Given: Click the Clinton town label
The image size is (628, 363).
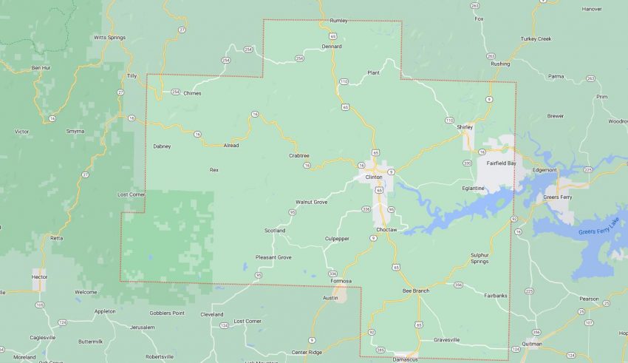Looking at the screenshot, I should (x=374, y=177).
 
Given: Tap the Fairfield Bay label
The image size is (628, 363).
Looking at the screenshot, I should (x=503, y=163).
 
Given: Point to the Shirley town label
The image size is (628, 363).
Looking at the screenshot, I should (x=465, y=127).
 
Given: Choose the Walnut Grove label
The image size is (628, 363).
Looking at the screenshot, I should (x=311, y=202).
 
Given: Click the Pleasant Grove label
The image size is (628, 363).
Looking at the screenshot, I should (x=273, y=257).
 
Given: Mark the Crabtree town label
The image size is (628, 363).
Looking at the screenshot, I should (x=299, y=155).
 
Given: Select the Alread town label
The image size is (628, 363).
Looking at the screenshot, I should (x=231, y=146).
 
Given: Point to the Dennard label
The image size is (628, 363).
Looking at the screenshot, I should (x=332, y=46).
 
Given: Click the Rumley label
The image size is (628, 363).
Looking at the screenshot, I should (x=338, y=21).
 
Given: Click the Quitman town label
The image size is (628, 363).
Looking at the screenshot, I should (x=530, y=344).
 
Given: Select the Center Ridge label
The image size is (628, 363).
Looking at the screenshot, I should (x=307, y=351).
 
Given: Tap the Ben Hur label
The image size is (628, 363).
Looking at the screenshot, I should (x=41, y=68).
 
